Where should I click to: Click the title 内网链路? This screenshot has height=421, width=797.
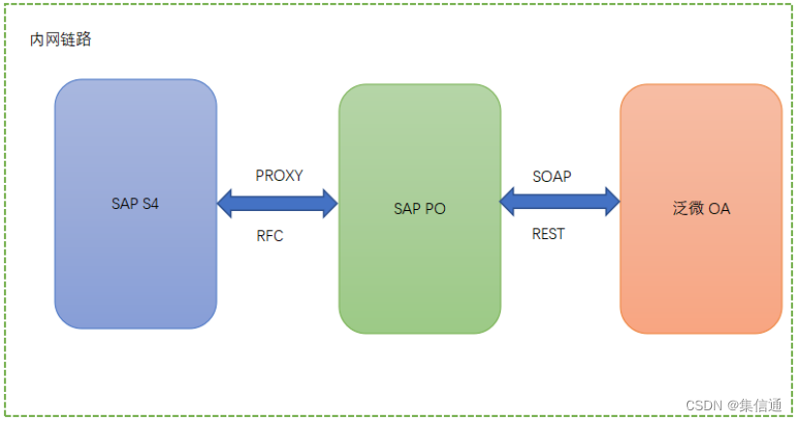point(61,40)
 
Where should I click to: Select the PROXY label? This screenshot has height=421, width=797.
point(279,176)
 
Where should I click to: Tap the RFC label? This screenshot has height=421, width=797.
point(270,235)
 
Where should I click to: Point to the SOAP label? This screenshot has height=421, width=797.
point(551,176)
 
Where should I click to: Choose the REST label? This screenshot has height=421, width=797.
point(548,233)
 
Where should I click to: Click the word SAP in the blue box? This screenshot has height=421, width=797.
point(125,205)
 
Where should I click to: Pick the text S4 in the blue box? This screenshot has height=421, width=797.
point(151,205)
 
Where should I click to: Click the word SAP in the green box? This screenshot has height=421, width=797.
point(408,208)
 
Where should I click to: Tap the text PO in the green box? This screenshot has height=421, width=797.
point(435,208)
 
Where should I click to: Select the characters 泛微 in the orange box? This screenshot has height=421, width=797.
point(689,208)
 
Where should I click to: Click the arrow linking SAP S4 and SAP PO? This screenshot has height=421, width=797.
point(278,203)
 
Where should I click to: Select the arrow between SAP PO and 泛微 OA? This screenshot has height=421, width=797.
point(559,202)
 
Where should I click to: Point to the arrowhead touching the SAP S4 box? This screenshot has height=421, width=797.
point(227,203)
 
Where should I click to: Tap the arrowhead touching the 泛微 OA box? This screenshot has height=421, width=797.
point(610,202)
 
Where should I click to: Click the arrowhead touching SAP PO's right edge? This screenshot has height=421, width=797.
point(509,202)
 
